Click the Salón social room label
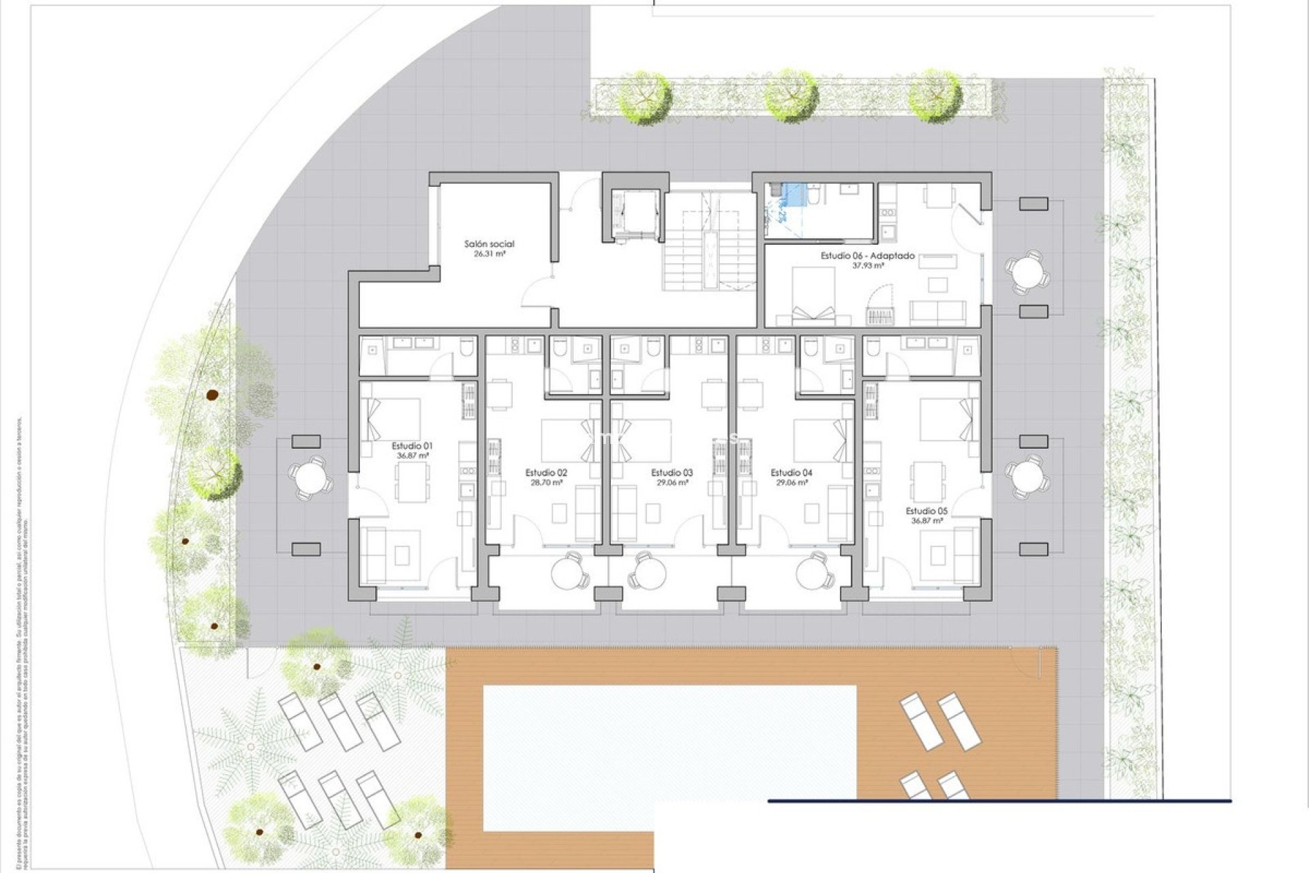pos(489,243)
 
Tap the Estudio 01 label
pos(411,446)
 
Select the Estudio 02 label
pos(546,473)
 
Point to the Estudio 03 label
pos(672,473)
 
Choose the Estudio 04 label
pos(791,473)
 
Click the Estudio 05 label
pos(927,511)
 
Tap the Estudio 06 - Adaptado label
pos(867,256)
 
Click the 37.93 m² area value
pos(867,266)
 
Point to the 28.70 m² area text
pos(546,482)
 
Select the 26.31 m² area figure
pos(489,254)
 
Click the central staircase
pos(710,243)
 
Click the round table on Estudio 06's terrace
pos(1027,273)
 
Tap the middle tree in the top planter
pos(790,96)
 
